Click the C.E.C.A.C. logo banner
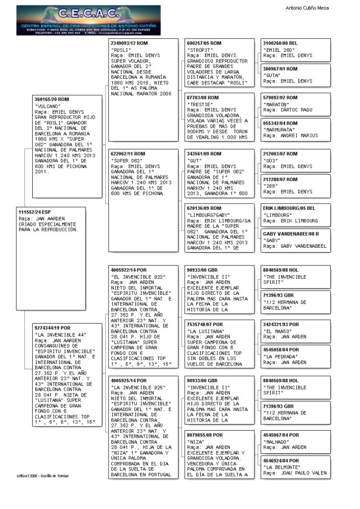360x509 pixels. click(88, 20)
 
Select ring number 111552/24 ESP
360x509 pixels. click(34, 212)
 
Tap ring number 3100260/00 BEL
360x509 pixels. click(281, 43)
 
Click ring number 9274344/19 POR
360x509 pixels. click(54, 327)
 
